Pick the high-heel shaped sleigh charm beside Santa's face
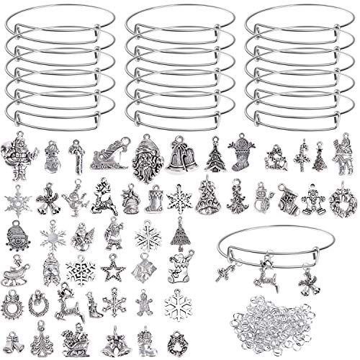(x=112, y=153)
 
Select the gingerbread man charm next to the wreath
(x=312, y=197)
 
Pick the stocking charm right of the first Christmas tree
(x=241, y=153)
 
